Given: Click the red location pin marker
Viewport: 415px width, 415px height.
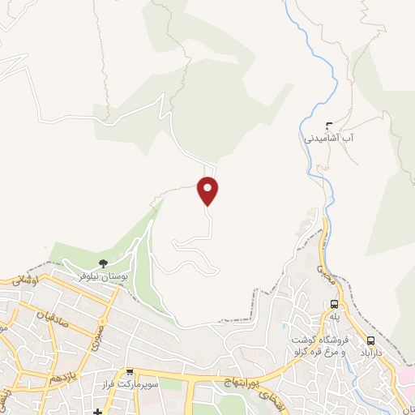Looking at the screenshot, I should [x=208, y=190].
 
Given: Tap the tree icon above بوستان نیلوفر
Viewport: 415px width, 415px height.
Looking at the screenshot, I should [x=103, y=263].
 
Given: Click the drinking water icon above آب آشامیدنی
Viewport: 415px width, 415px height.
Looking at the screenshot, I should [x=328, y=126].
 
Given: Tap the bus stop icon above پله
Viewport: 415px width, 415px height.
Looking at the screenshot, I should [x=335, y=304].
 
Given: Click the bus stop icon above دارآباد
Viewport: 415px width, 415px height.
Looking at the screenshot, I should [x=371, y=341].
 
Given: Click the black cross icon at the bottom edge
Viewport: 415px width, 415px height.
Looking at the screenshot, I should [x=98, y=411].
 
